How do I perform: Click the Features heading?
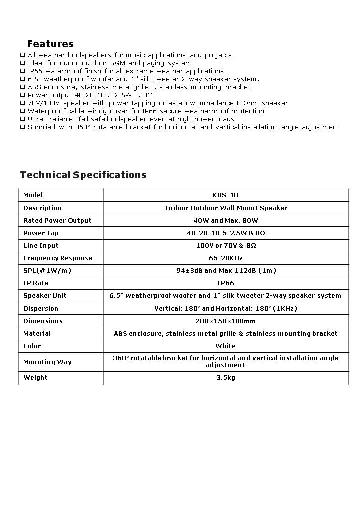click(x=50, y=44)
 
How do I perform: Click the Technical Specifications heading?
click(x=83, y=175)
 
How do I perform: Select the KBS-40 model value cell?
click(x=226, y=195)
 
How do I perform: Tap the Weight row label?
click(x=35, y=378)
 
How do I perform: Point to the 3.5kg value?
click(x=226, y=378)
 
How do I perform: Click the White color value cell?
click(x=226, y=346)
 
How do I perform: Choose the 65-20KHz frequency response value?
click(x=226, y=258)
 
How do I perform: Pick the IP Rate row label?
click(x=36, y=283)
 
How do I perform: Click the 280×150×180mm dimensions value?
click(x=226, y=321)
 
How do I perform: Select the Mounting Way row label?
click(x=47, y=362)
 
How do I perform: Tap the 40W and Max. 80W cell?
click(x=226, y=221)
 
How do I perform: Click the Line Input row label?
click(x=41, y=246)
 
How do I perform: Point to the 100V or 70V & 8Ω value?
click(x=226, y=246)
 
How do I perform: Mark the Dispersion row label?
click(x=41, y=309)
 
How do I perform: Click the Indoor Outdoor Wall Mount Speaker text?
click(x=226, y=208)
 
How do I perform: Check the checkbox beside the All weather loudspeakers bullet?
click(x=22, y=55)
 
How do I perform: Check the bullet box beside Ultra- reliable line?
click(x=22, y=119)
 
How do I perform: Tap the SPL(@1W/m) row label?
click(x=47, y=271)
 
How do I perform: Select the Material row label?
click(x=37, y=334)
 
